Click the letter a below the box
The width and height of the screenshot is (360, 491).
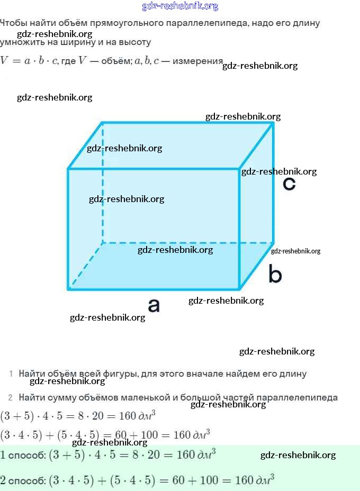tap(154, 305)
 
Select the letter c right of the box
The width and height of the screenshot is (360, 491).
tap(289, 184)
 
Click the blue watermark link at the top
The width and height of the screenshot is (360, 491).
tap(180, 6)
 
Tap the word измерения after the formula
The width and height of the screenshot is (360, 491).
tap(197, 61)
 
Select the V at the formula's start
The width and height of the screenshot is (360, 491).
tap(5, 60)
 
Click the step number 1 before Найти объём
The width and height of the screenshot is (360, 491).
tap(11, 374)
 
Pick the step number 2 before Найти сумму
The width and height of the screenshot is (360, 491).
tap(11, 397)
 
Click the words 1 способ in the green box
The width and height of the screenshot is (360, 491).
tap(23, 455)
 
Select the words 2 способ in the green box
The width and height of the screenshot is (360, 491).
tap(23, 481)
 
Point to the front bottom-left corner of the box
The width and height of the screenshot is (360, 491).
tap(69, 289)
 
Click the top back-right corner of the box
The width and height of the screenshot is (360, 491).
tap(273, 123)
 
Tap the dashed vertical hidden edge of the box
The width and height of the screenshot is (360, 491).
tap(102, 185)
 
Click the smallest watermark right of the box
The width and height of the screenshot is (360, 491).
tap(295, 251)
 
